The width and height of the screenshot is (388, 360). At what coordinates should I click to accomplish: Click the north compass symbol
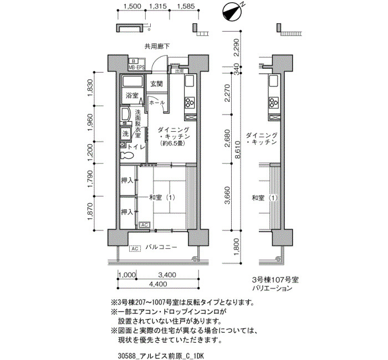click(x=232, y=13)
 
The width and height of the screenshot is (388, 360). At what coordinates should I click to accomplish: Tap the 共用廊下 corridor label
click(x=157, y=46)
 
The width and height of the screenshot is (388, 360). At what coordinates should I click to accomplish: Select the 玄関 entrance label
click(x=157, y=84)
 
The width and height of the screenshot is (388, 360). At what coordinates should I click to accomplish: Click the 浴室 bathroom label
click(x=132, y=95)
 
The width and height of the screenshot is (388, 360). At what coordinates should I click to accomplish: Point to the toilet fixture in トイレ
click(x=127, y=155)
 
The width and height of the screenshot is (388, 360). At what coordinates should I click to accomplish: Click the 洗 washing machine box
click(x=125, y=134)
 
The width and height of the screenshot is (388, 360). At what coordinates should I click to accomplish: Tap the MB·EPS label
click(x=136, y=68)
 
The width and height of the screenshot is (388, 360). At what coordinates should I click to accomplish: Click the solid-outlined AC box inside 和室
click(x=145, y=225)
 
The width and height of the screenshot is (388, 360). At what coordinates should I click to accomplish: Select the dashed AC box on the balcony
click(x=135, y=248)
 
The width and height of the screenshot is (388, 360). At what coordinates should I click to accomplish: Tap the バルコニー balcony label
click(x=161, y=247)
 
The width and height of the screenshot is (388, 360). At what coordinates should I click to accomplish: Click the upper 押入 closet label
click(x=127, y=181)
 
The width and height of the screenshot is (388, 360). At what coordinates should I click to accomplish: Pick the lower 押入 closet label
click(x=127, y=212)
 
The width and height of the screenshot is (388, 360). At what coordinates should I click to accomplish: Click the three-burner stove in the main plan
click(x=190, y=102)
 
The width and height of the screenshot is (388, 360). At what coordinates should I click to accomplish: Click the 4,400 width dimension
click(x=158, y=284)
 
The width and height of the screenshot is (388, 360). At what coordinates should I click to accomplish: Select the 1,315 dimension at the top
click(x=157, y=6)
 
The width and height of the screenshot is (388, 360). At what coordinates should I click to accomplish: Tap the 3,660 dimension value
click(x=227, y=196)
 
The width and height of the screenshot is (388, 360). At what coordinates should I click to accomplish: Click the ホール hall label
click(x=157, y=102)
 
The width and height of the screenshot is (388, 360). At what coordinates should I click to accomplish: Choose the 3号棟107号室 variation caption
click(x=275, y=280)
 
